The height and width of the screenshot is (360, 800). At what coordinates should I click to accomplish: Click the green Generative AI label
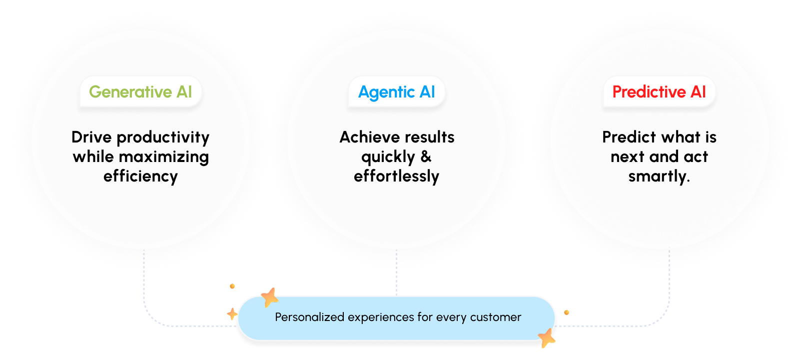coord(140,92)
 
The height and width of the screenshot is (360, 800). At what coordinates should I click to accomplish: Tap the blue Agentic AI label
coord(396,92)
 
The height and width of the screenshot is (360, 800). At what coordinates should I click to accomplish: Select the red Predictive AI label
coord(659,92)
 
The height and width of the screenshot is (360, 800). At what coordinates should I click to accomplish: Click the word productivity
coord(163,138)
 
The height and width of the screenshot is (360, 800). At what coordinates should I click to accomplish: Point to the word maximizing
coord(163,157)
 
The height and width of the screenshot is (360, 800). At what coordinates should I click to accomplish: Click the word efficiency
coord(140,176)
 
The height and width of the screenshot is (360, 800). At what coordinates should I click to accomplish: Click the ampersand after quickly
coord(426,157)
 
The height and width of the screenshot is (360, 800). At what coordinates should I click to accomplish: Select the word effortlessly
coord(396,176)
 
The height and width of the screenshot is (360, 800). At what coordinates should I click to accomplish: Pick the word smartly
coord(659,176)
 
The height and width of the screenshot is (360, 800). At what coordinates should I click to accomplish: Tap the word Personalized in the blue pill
coord(310,317)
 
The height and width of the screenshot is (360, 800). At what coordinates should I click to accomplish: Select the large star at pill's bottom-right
coord(547,338)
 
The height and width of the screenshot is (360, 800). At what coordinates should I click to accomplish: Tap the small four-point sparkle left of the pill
coord(232,314)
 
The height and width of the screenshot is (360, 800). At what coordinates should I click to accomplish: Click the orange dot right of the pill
coord(567,312)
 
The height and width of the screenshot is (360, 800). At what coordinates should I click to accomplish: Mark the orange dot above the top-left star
coord(232,286)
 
